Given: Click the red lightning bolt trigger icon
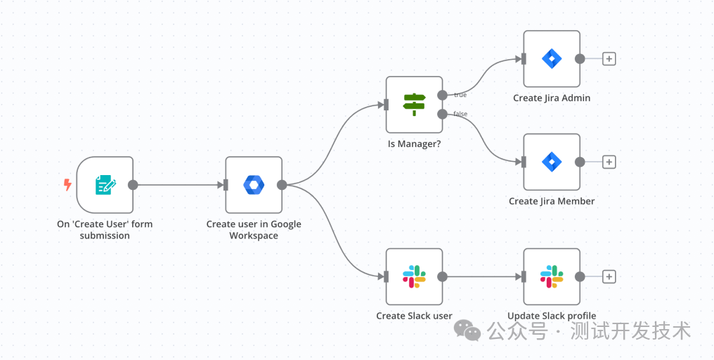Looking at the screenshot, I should (x=67, y=185).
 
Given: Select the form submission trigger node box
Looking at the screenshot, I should (x=105, y=185).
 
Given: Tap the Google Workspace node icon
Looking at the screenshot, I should (x=254, y=185).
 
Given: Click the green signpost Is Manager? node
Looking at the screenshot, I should (x=414, y=105).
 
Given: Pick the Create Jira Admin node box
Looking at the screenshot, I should (x=552, y=58).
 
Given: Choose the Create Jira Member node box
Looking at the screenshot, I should (x=552, y=162).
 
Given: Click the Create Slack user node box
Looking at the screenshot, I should (x=414, y=276).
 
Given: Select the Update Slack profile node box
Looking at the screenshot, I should (x=552, y=276).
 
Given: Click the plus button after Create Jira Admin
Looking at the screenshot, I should (x=609, y=59).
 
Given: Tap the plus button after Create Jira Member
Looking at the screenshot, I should (x=609, y=162).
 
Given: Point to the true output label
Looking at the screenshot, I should (x=460, y=95).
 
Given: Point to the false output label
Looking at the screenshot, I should (x=460, y=114).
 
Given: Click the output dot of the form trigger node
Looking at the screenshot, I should (x=133, y=185).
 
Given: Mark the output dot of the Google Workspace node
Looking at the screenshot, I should (x=282, y=185).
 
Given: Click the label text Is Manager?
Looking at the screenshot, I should (x=414, y=144).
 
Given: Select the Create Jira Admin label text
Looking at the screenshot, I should (x=552, y=98).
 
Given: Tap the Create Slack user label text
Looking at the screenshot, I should (x=414, y=316).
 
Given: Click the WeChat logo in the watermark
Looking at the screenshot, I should (x=467, y=330).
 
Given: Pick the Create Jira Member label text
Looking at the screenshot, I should (x=552, y=201).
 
